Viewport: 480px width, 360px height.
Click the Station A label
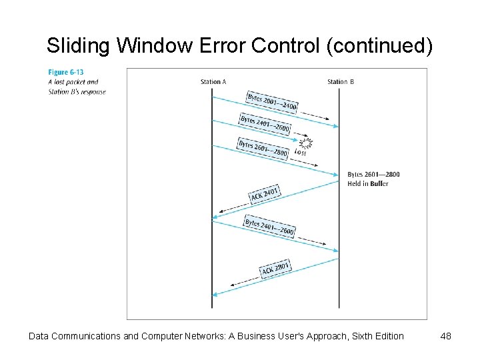point(213,82)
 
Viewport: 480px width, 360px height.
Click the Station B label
point(340,82)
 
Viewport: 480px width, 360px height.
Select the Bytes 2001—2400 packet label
point(272,102)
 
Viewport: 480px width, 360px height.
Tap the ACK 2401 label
point(265,194)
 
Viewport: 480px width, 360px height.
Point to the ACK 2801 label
point(275,269)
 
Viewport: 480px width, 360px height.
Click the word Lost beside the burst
point(300,152)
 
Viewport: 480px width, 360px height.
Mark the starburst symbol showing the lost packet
point(306,143)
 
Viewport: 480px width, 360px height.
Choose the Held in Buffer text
point(368,183)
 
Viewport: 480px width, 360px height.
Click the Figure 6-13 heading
point(65,72)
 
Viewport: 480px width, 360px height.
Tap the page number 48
point(446,336)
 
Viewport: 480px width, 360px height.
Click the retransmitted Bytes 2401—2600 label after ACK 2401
point(269,227)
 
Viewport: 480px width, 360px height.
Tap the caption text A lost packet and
point(73,82)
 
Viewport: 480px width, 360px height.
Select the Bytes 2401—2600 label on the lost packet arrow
point(265,124)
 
